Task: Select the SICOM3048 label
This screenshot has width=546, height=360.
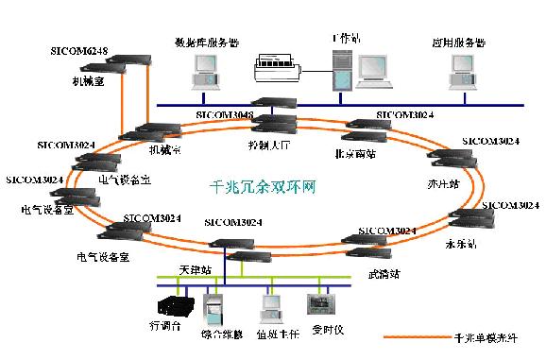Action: pos(225,114)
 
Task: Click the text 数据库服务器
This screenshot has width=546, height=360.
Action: pos(206,43)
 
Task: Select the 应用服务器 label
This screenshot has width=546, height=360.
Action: pos(459,43)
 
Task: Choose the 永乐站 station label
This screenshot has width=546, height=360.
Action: pos(462,243)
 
